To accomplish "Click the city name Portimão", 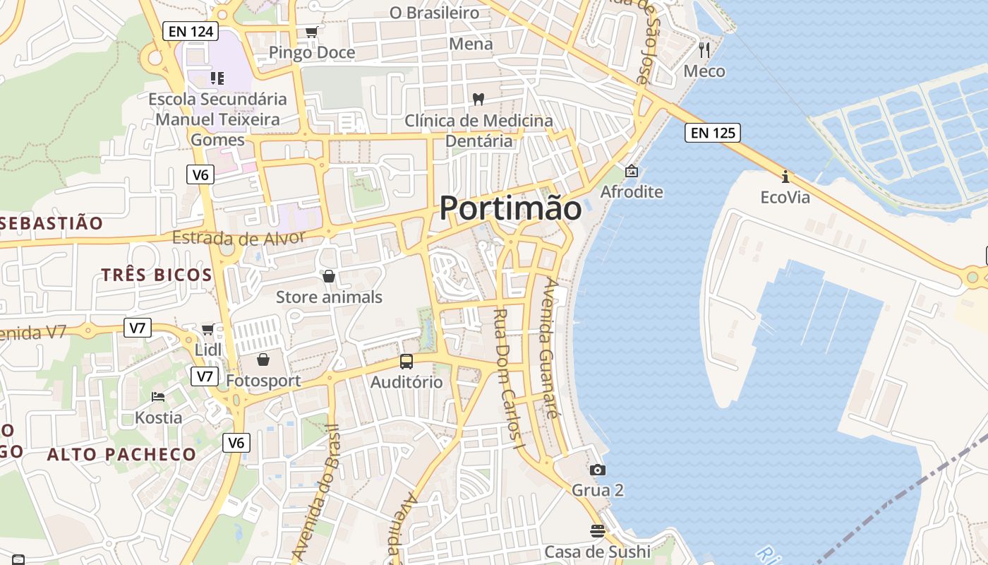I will coord(511,208).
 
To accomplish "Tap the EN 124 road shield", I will coord(190,31).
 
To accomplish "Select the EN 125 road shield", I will coord(712,132).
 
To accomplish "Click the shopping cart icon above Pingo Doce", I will coord(311,32).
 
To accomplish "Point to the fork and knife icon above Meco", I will coord(704,49).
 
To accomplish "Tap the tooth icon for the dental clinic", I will coord(478,100).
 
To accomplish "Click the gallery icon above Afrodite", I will coord(631,171).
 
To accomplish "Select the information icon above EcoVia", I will coord(785,177).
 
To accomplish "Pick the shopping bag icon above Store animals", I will coord(328,276).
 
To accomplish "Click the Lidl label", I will coord(208,350).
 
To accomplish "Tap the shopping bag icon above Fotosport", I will coord(263,360).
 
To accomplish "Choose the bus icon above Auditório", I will coord(406,362).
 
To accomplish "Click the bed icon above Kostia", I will coord(158,397).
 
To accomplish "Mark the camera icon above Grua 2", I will coord(598,470).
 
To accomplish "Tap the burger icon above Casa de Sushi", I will coord(598,530).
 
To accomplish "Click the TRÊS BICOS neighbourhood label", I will coord(157,275).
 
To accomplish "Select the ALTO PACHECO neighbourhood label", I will coord(121,454).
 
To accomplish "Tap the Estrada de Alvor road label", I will coord(239,237).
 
